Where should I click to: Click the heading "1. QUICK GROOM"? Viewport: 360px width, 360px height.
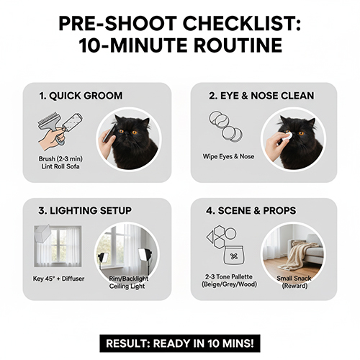point(81,96)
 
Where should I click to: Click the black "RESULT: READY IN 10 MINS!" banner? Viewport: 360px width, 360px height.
point(179,343)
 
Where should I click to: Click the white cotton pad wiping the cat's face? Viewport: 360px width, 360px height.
point(283,135)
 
